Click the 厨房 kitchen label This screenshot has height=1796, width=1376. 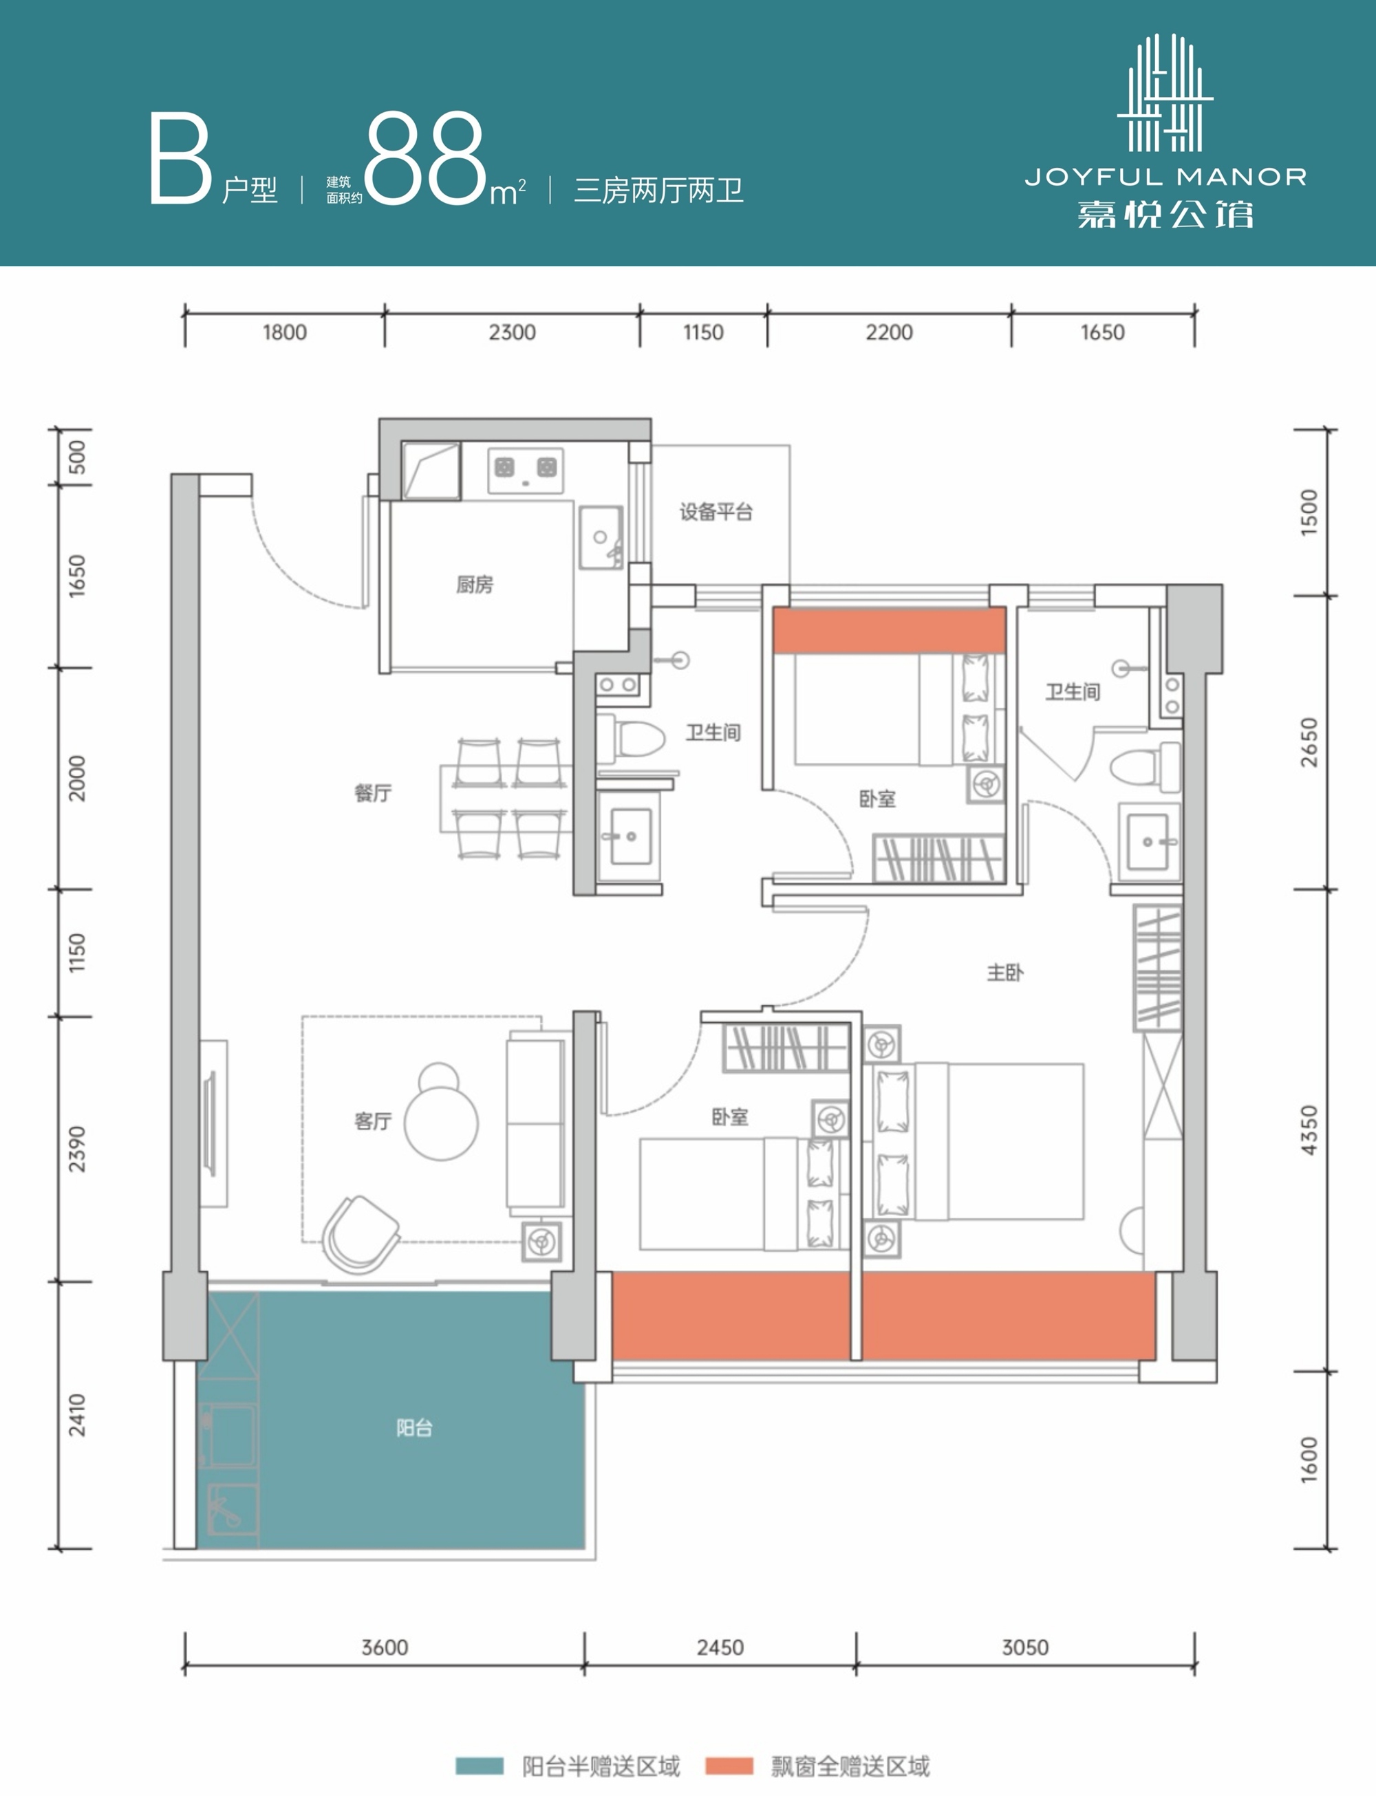pyautogui.click(x=474, y=585)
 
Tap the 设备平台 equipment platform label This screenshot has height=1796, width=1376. pyautogui.click(x=716, y=512)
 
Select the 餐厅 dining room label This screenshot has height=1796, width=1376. pyautogui.click(x=373, y=793)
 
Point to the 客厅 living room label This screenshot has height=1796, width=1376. pyautogui.click(x=373, y=1121)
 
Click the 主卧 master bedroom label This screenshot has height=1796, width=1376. pyautogui.click(x=1005, y=973)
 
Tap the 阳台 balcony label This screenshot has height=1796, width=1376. pyautogui.click(x=414, y=1428)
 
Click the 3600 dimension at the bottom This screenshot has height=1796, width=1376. pyautogui.click(x=385, y=1647)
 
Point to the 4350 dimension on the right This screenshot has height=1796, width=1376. pyautogui.click(x=1310, y=1130)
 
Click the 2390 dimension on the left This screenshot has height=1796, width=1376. pyautogui.click(x=76, y=1149)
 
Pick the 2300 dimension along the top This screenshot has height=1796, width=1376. pyautogui.click(x=513, y=332)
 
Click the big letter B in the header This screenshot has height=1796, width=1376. pyautogui.click(x=181, y=159)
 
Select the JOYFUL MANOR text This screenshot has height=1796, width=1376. pyautogui.click(x=1165, y=177)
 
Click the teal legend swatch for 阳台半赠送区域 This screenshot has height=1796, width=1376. pyautogui.click(x=480, y=1766)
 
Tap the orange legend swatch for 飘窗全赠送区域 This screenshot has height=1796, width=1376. pyautogui.click(x=729, y=1766)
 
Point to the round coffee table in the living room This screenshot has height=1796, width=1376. pyautogui.click(x=442, y=1122)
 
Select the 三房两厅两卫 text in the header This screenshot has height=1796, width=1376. pyautogui.click(x=659, y=191)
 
